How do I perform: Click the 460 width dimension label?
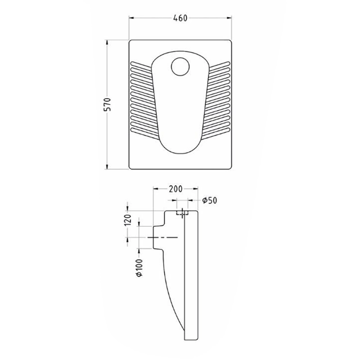[x=180, y=18]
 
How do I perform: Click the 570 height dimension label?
[x=108, y=104]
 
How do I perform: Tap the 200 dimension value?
[x=175, y=189]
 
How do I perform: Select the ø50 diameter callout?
[x=209, y=200]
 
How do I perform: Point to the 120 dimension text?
[x=128, y=220]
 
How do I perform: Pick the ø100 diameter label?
[x=139, y=268]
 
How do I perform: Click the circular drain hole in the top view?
[x=180, y=67]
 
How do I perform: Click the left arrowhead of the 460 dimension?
[x=131, y=18]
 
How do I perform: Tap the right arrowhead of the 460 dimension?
[x=229, y=18]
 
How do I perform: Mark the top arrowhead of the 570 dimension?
[x=107, y=43]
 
